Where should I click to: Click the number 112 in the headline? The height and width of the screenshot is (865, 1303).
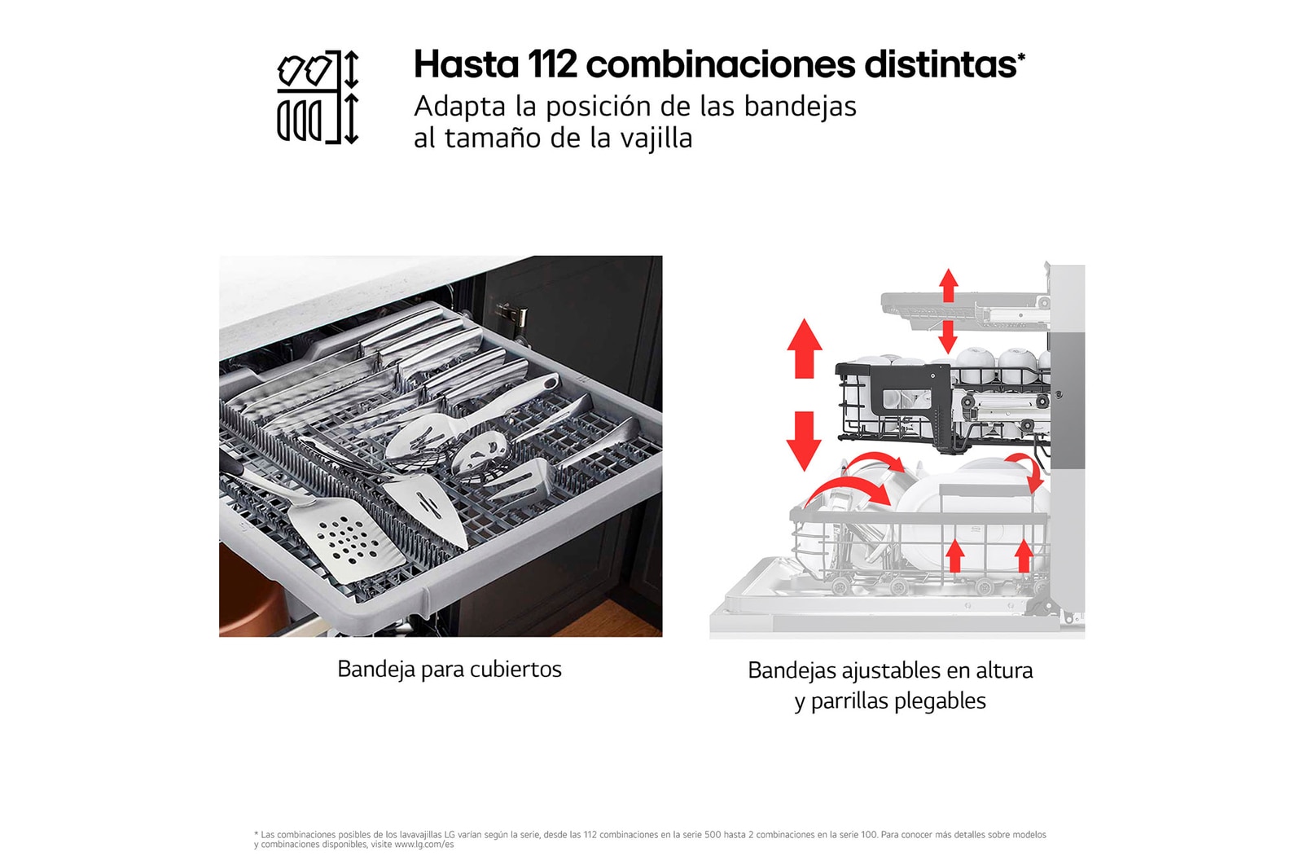(552, 64)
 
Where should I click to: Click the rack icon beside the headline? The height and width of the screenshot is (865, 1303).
(318, 97)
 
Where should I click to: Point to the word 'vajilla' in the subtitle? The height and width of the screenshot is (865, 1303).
(656, 138)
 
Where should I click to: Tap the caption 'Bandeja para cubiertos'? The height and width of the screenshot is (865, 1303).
(449, 669)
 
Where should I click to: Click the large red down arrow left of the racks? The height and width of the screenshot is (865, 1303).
(805, 441)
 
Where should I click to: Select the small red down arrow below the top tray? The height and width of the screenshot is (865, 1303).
(948, 336)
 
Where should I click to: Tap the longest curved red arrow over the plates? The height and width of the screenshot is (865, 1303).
(849, 492)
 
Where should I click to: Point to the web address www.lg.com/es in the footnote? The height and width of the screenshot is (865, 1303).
(423, 845)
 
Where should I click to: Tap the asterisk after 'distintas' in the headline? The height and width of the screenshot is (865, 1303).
(1021, 56)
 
